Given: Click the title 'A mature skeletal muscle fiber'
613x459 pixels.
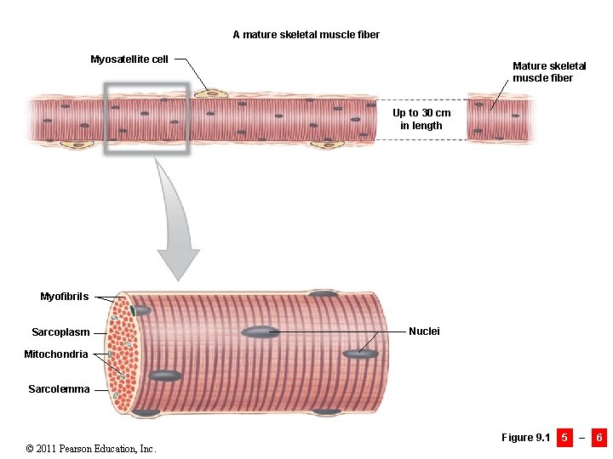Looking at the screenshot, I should pyautogui.click(x=306, y=35).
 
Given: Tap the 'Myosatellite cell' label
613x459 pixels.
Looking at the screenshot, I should pyautogui.click(x=129, y=59).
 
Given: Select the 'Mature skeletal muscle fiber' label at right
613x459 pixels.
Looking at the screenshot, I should pyautogui.click(x=549, y=71).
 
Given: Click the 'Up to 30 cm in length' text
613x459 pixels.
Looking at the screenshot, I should pyautogui.click(x=421, y=119).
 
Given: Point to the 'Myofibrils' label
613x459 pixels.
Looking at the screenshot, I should pyautogui.click(x=64, y=297).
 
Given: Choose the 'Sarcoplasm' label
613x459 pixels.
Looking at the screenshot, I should pyautogui.click(x=60, y=332).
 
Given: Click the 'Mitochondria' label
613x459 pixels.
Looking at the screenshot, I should pyautogui.click(x=55, y=354).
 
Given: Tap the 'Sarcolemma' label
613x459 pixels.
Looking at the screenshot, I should pyautogui.click(x=59, y=389).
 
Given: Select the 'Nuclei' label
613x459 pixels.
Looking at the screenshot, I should pyautogui.click(x=424, y=331).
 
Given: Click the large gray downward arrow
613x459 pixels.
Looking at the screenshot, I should pyautogui.click(x=178, y=221).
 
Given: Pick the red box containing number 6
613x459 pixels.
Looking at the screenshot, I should pyautogui.click(x=599, y=438).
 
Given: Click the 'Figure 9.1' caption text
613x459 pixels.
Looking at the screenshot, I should pyautogui.click(x=525, y=438).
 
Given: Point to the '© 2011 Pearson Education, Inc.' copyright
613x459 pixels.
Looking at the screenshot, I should pyautogui.click(x=91, y=449).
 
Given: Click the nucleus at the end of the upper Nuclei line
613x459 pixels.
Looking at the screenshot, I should pyautogui.click(x=261, y=331).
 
